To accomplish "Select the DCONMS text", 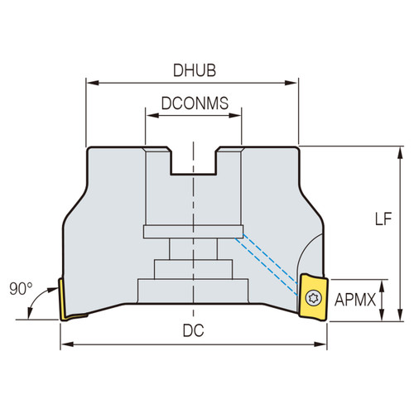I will pos(195,105).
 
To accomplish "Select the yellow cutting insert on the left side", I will pos(65,299).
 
